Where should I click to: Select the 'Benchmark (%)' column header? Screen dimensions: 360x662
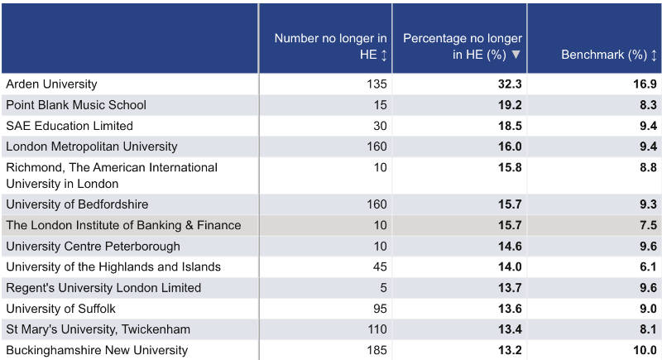(603, 55)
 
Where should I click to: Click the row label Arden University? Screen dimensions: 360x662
(51, 84)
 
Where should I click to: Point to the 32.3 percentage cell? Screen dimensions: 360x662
(507, 84)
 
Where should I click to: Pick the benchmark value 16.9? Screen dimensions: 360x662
(643, 84)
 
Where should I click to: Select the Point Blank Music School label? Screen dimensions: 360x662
(76, 105)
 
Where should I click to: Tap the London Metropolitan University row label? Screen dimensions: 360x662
(92, 146)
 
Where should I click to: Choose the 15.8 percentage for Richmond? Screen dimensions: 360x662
(507, 168)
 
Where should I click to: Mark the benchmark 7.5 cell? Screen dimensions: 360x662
(647, 225)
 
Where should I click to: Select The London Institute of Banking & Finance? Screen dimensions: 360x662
(123, 225)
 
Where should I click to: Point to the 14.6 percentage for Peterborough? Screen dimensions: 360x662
(507, 246)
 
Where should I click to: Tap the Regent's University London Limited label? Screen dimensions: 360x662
(103, 288)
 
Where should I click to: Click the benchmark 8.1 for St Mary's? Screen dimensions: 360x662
(647, 329)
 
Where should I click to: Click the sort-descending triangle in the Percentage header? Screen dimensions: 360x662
(516, 55)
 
